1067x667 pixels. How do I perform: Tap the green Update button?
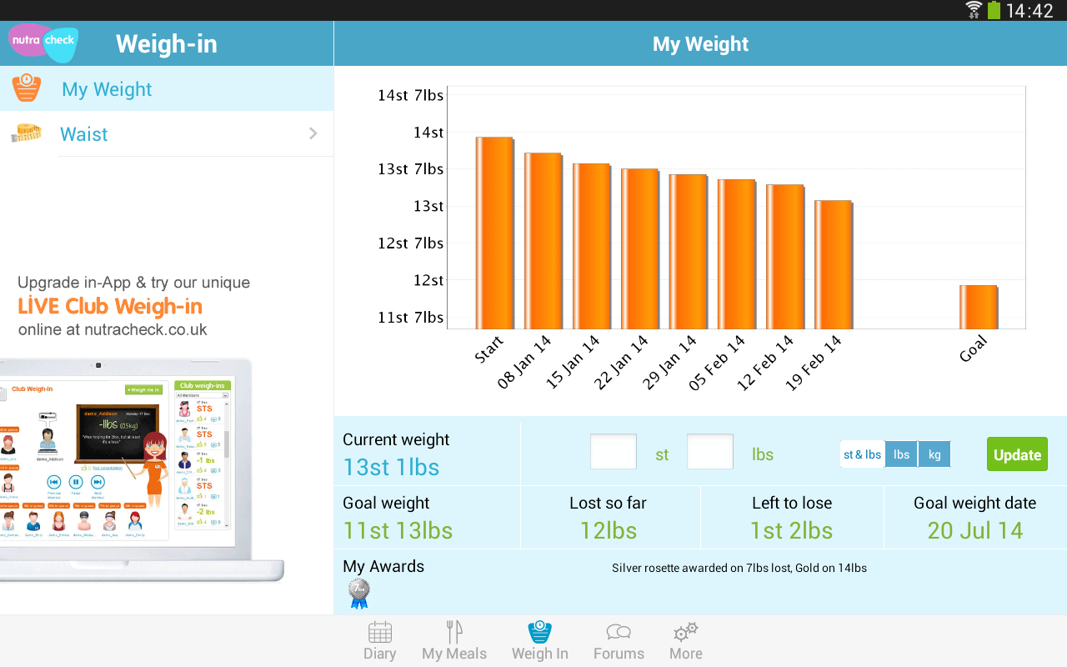pos(1017,454)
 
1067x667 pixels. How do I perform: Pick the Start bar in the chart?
pos(494,233)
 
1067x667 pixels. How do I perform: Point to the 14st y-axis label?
pos(428,132)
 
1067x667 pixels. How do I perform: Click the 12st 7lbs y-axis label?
pos(411,243)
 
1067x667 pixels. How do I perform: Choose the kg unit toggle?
pos(934,454)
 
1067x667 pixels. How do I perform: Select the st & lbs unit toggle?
pos(862,454)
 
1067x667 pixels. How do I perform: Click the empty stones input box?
pos(613,452)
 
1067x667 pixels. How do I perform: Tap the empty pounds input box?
pos(709,452)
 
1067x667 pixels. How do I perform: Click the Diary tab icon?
pos(379,633)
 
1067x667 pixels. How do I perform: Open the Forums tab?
pos(619,641)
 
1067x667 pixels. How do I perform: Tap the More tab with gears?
pos(686,641)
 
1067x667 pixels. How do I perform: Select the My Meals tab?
pos(454,641)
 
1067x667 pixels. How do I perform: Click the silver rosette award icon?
pos(358,593)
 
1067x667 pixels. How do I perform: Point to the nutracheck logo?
pos(43,42)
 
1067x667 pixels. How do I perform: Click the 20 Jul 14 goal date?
pos(974,530)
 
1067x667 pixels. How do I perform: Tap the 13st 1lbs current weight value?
pos(391,467)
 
